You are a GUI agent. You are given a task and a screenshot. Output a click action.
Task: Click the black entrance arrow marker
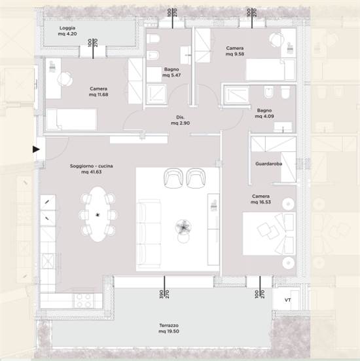pos(36,149)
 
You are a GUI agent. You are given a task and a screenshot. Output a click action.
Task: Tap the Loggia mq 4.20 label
pos(67,31)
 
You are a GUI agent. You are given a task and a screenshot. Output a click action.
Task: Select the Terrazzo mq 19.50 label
pos(169,328)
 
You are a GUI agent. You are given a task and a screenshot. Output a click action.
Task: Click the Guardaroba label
pos(268,164)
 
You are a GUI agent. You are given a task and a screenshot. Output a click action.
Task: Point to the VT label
pos(288,300)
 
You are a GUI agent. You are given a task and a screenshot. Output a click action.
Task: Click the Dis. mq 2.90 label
pos(181,120)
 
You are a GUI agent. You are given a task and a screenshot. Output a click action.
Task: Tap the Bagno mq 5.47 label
pos(171,72)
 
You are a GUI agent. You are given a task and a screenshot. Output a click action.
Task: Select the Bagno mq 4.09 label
pos(264,113)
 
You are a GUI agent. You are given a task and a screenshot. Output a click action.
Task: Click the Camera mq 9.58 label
pos(235,51)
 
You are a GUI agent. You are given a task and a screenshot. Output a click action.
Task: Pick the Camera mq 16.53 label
pos(261,199)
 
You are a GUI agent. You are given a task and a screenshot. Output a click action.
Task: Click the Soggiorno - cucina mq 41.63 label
pos(92,169)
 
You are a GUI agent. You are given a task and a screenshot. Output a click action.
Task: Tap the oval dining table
pos(98,214)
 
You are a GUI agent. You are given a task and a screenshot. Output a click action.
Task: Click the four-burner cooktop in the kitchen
pos(84,301)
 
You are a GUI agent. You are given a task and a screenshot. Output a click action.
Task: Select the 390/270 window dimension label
pos(164,294)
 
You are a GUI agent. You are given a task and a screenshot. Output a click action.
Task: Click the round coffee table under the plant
pos(183,238)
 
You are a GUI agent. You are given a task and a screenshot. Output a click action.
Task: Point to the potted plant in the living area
pos(183,227)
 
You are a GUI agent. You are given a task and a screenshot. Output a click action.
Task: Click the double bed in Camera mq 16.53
pos(270,233)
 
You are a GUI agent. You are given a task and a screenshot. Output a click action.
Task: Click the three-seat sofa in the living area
pos(149,234)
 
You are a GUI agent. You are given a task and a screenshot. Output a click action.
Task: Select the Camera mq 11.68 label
pos(98,92)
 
